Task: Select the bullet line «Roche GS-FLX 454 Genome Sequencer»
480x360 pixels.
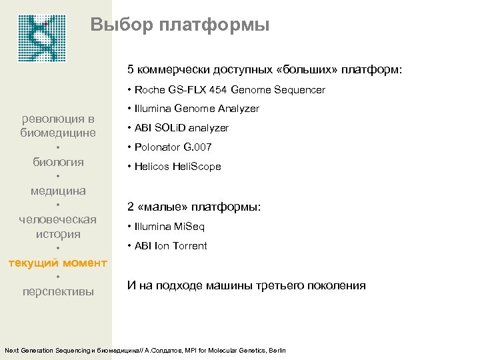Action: [230, 89]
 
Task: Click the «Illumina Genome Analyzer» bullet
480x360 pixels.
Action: [197, 109]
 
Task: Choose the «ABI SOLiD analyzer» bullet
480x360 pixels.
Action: [181, 128]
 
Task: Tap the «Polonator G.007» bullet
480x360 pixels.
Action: [173, 147]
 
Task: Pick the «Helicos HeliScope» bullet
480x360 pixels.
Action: [177, 167]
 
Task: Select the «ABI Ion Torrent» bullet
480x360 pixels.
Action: [171, 246]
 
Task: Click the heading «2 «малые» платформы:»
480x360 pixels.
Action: [194, 207]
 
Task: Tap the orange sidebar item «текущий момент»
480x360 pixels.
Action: [57, 263]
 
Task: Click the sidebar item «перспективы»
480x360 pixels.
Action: [58, 292]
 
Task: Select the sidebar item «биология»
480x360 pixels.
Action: [59, 162]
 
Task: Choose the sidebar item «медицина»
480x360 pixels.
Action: [58, 191]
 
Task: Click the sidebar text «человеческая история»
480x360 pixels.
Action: [58, 227]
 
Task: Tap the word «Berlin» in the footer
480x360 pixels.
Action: [275, 350]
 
